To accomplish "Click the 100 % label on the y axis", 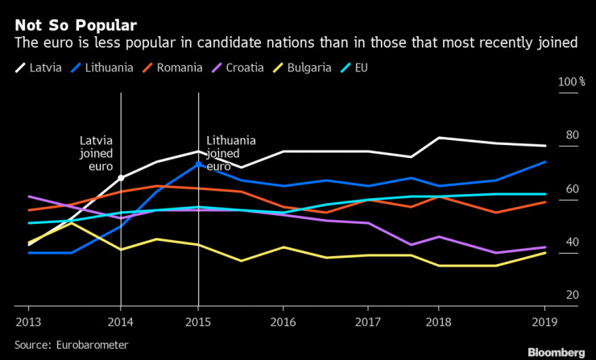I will [x=571, y=82].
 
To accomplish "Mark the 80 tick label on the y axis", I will [x=573, y=135].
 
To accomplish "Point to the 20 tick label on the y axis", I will [x=573, y=296].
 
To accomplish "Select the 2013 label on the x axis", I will [x=28, y=320].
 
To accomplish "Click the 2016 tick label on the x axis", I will [x=283, y=320].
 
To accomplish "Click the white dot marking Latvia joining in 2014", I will [x=121, y=178].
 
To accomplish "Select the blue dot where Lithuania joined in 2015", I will [x=198, y=164].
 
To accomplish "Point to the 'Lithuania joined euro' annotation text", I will [x=231, y=153].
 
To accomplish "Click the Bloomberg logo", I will [x=556, y=352].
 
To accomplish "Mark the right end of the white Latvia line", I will [x=546, y=146].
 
